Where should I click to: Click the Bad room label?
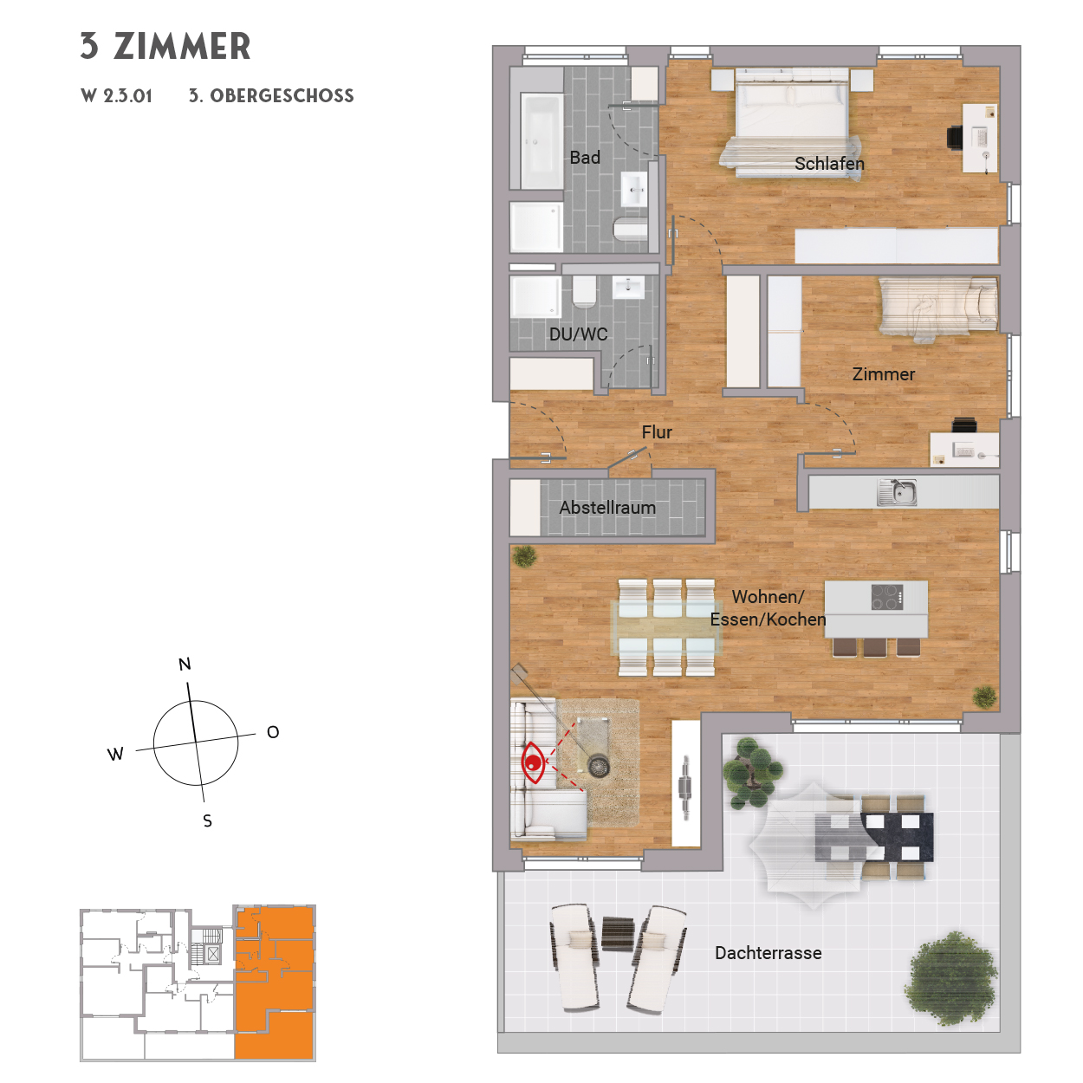585,158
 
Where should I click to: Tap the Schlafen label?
829,164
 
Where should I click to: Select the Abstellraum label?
607,508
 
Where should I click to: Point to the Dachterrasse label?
768,953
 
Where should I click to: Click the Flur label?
657,432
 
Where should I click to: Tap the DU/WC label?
578,334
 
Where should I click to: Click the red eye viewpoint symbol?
533,762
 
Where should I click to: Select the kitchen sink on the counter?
897,492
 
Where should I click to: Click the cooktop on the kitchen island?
887,597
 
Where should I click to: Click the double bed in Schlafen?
790,121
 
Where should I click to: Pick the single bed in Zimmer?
939,305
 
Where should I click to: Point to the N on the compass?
185,665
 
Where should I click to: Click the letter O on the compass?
273,733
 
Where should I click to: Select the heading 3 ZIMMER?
165,47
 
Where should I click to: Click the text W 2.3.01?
117,96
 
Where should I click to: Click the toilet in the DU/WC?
584,292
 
